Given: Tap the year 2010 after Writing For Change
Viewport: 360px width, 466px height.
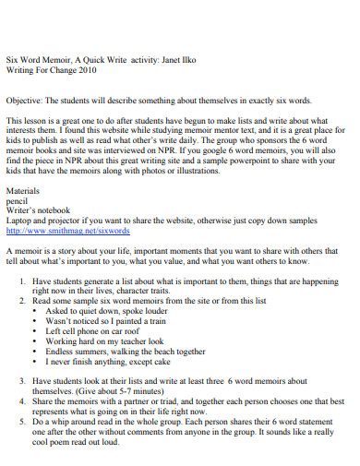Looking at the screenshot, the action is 82,67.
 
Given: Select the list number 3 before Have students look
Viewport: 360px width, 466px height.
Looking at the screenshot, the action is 22,379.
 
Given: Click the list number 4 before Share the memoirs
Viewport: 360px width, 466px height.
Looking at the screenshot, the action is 22,401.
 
